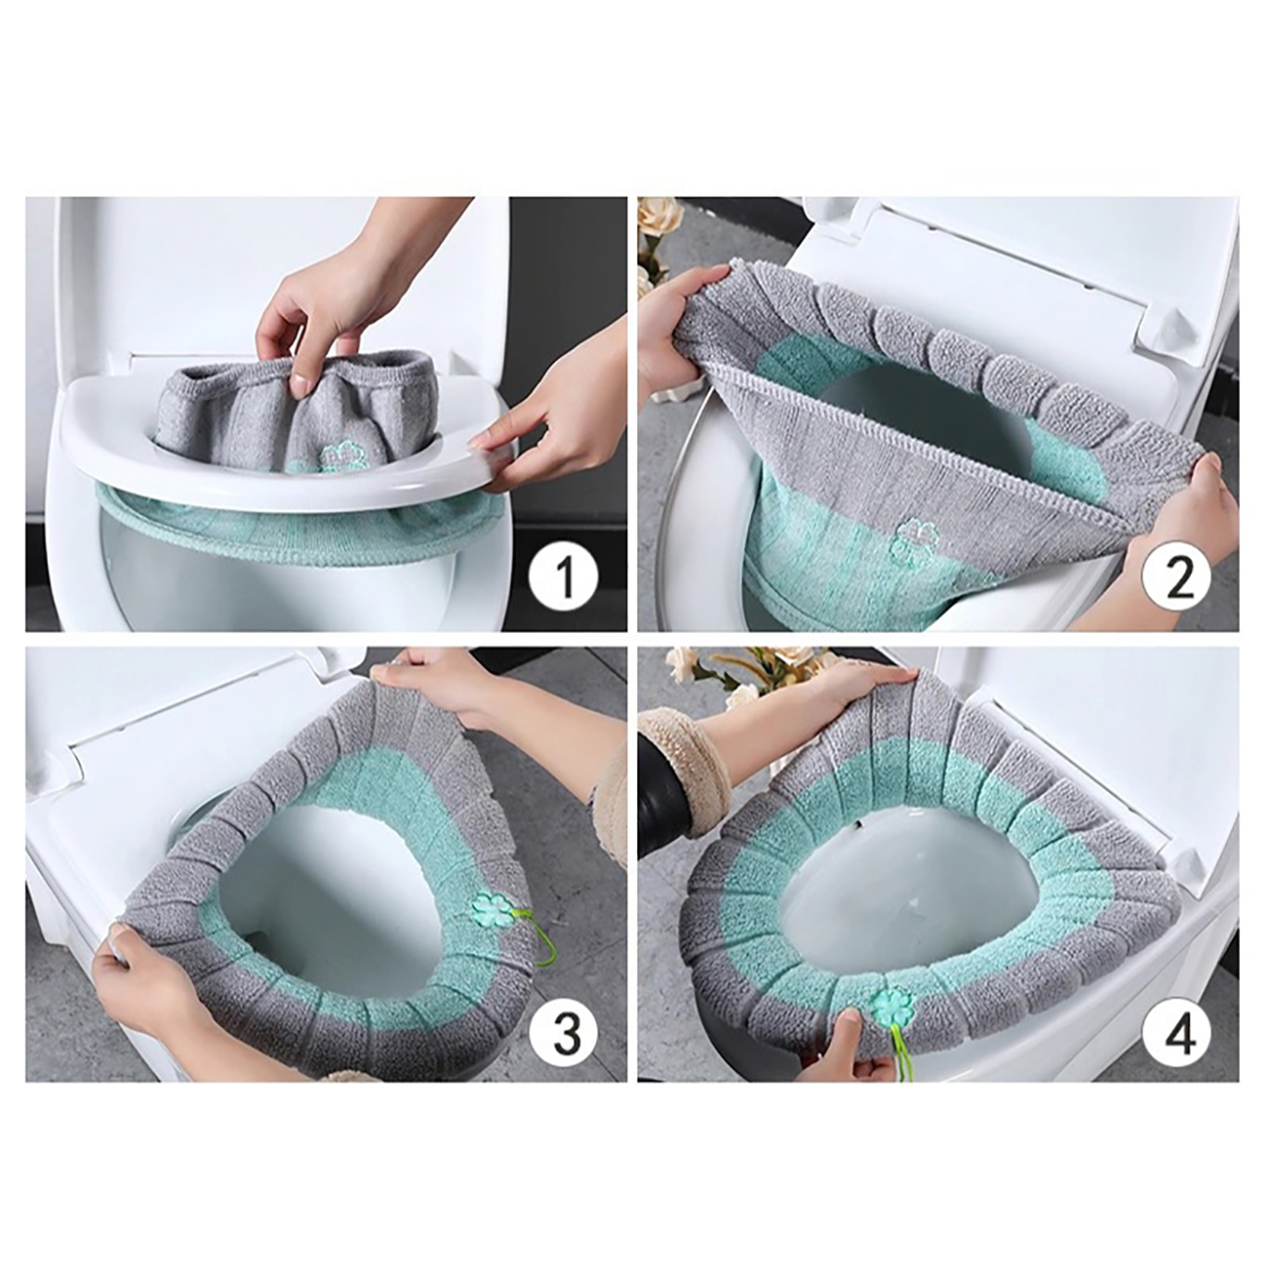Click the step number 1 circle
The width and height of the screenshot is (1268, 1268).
pos(565,574)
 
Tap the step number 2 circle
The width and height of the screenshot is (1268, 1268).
pos(1177,574)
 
